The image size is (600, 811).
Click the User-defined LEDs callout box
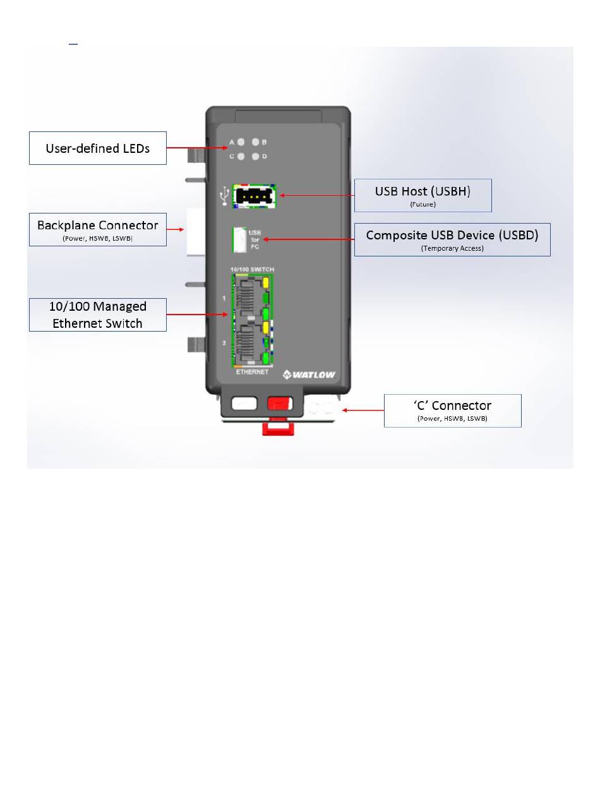(98, 148)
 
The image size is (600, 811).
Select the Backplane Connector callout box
(98, 229)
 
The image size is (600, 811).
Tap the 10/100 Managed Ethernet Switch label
(98, 315)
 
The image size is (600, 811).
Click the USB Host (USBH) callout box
(423, 195)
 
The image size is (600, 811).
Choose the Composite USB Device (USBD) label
(452, 239)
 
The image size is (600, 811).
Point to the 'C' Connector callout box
(453, 411)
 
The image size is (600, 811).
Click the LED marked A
(241, 142)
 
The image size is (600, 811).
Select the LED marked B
(255, 142)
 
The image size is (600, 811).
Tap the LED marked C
(241, 157)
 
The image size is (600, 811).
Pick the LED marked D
(255, 157)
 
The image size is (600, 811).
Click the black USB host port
(254, 196)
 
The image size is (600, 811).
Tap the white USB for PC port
(239, 239)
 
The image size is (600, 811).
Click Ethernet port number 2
(246, 344)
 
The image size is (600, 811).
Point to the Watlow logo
(309, 375)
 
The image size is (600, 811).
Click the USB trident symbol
(224, 196)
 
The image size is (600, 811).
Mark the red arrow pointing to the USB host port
(317, 195)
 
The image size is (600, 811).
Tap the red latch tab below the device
(278, 427)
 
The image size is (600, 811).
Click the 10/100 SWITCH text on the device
(252, 270)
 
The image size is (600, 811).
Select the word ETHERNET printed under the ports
(252, 371)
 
